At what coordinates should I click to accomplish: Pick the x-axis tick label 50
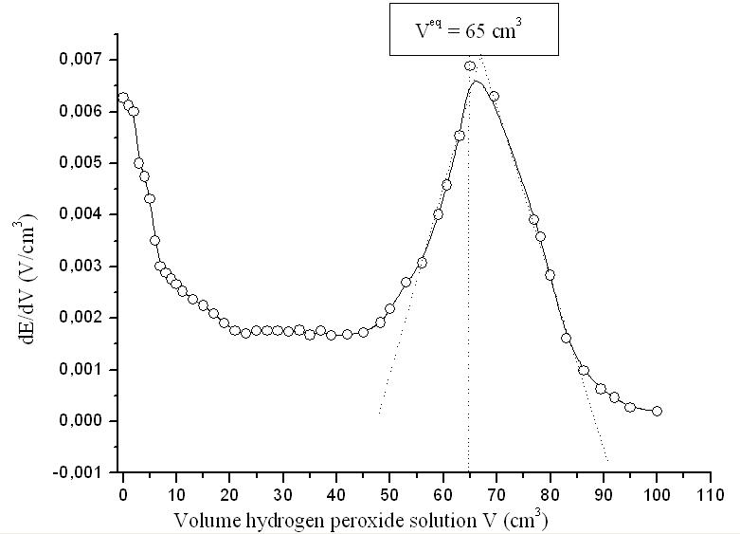(x=389, y=494)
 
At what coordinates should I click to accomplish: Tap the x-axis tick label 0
(x=123, y=494)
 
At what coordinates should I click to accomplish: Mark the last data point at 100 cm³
(x=657, y=411)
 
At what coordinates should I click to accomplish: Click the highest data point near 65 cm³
(x=470, y=66)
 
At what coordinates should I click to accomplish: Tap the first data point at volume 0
(x=123, y=98)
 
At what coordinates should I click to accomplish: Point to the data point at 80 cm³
(x=550, y=274)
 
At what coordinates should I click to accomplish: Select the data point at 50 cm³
(x=389, y=308)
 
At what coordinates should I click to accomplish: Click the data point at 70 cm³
(x=494, y=96)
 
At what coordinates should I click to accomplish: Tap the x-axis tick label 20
(x=229, y=494)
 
